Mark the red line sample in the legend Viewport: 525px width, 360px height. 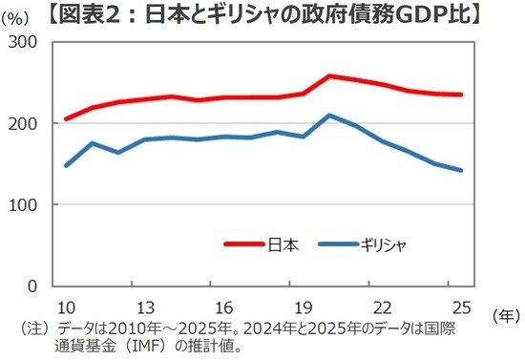pos(246,245)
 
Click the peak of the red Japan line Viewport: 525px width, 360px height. pos(329,75)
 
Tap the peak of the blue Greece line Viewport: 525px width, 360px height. pos(329,116)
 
